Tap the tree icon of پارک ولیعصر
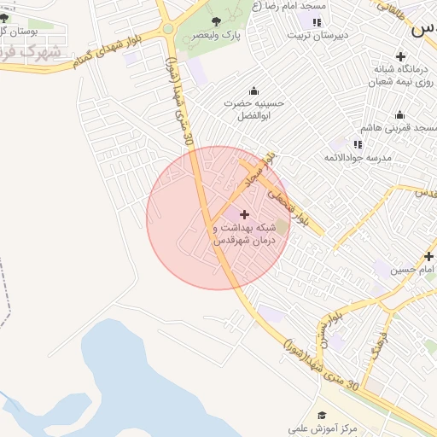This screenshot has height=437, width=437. pos(215,20)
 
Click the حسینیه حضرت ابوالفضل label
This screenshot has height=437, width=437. pos(253,108)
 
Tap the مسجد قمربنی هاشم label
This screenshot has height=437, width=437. pos(398,127)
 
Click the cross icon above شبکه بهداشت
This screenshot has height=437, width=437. pos(246,214)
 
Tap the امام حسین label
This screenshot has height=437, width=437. pos(413,271)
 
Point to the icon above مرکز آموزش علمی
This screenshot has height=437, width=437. pos(322,414)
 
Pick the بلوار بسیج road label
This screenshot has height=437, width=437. pos(323,331)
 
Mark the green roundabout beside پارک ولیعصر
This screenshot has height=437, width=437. pos(168,28)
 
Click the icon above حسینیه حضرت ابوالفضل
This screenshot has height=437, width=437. pos(253,90)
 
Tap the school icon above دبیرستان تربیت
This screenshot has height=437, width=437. pos(317,21)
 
